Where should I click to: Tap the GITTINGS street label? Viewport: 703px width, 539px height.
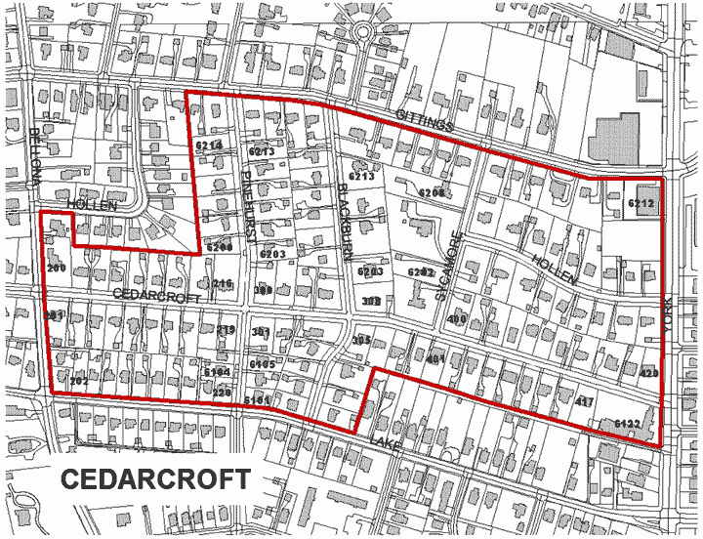[x=425, y=121]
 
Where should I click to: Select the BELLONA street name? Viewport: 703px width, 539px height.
[x=36, y=157]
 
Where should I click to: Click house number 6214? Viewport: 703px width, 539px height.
[x=209, y=145]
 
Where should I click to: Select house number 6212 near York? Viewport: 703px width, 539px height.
[x=641, y=203]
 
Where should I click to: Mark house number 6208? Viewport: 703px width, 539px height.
[x=432, y=192]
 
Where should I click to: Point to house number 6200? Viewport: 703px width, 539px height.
[x=220, y=248]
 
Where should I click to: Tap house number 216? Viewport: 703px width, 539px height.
[x=223, y=284]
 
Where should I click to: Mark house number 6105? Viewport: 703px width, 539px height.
[x=262, y=364]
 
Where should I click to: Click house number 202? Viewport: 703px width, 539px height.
[x=78, y=381]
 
